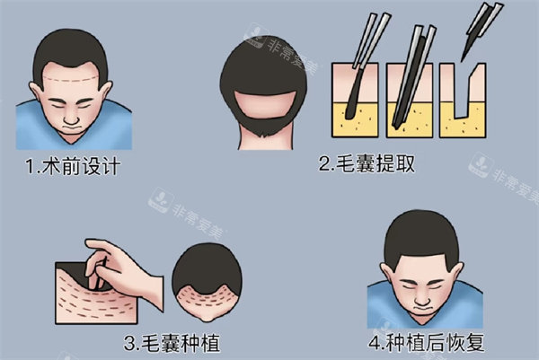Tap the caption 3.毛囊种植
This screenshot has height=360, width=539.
click(174, 342)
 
